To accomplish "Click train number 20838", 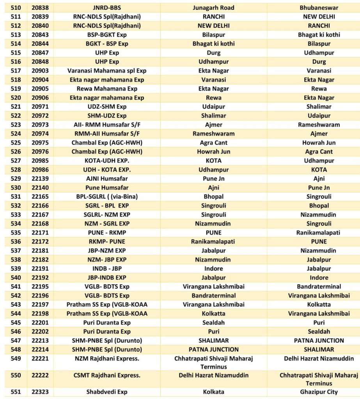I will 40,8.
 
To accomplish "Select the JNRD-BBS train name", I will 107,8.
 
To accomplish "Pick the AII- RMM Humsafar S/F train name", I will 107,125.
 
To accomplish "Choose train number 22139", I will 40,179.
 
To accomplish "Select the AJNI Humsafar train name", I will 107,179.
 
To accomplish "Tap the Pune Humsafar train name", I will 107,188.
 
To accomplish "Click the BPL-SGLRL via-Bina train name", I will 107,197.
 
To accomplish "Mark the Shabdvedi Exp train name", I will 107,392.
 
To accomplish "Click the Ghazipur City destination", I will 319,392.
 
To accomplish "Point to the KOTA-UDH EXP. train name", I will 107,161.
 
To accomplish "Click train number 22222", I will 40,376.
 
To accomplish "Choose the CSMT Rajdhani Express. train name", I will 107,376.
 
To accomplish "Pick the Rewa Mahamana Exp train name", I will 107,89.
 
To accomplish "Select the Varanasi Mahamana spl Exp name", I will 107,71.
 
